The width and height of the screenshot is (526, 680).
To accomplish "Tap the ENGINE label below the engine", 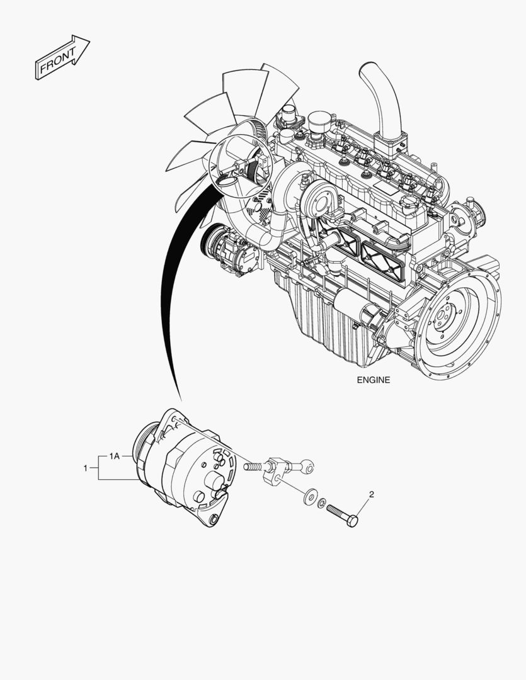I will (374, 380).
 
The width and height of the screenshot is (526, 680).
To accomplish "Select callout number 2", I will (371, 494).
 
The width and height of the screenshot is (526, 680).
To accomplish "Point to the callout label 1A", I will (115, 455).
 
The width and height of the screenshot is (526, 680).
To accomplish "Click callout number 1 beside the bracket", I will (85, 468).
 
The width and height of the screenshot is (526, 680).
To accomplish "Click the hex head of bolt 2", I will (353, 521).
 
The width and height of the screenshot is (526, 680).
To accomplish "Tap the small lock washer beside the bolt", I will (322, 503).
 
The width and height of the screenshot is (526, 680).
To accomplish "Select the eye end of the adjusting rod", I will (308, 467).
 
